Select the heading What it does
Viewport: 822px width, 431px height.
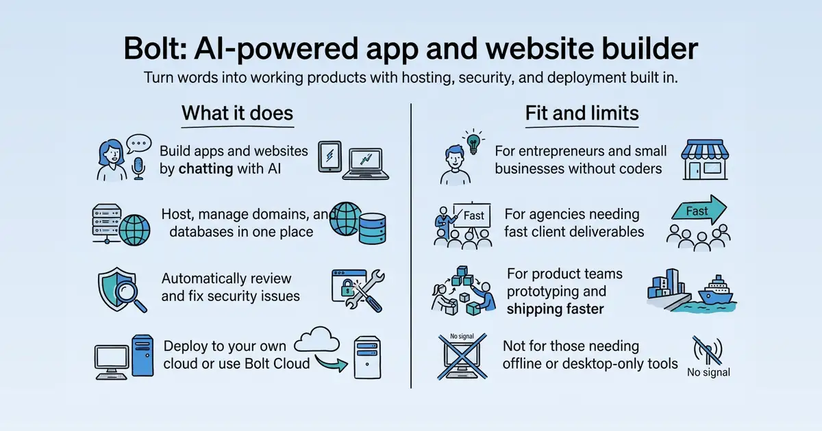pyautogui.click(x=238, y=113)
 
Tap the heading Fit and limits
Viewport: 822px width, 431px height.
pyautogui.click(x=582, y=113)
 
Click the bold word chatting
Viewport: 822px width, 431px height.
pyautogui.click(x=206, y=169)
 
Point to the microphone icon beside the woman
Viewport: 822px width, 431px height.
pyautogui.click(x=138, y=168)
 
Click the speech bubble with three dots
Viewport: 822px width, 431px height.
pyautogui.click(x=138, y=144)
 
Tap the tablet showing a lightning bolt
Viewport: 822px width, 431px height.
pyautogui.click(x=329, y=156)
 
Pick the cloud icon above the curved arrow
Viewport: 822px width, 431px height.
pyautogui.click(x=316, y=340)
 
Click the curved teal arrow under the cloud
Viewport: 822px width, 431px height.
pyautogui.click(x=331, y=363)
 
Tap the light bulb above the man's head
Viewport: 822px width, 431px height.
pyautogui.click(x=473, y=142)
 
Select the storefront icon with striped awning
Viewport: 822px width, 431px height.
pyautogui.click(x=705, y=159)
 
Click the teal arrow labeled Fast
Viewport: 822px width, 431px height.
pyautogui.click(x=699, y=210)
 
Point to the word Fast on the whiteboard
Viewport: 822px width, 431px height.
pyautogui.click(x=474, y=215)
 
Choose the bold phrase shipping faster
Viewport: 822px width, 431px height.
pyautogui.click(x=556, y=309)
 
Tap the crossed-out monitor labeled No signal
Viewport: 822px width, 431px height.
pyautogui.click(x=462, y=356)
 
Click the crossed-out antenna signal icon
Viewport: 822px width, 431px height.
pyautogui.click(x=708, y=350)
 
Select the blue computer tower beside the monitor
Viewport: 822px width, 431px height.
pyautogui.click(x=142, y=355)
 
